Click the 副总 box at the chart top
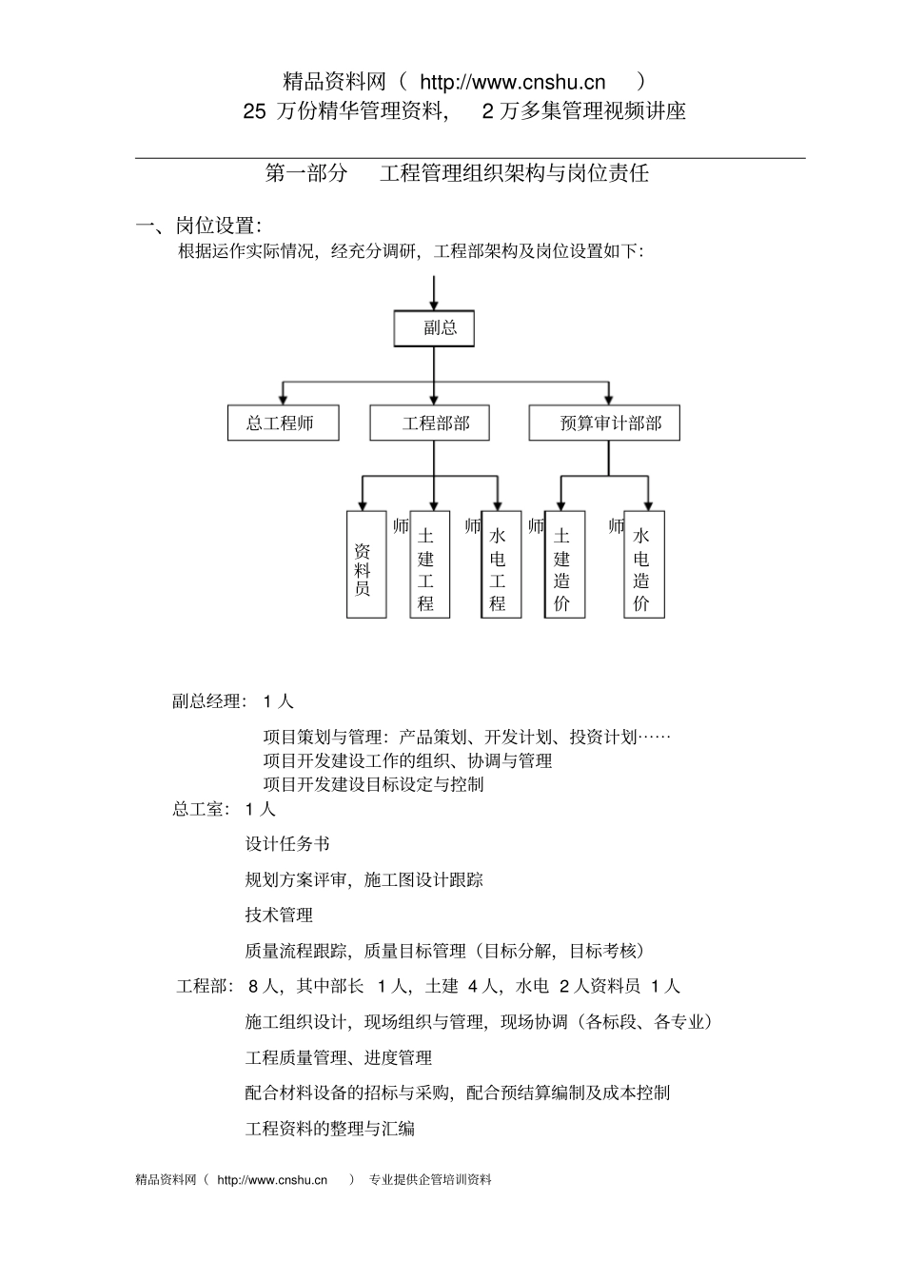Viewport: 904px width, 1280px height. click(434, 328)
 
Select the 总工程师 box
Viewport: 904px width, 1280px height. click(284, 423)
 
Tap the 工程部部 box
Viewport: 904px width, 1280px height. click(429, 423)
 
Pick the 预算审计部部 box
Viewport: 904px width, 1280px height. click(604, 423)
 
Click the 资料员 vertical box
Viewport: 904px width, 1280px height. click(365, 564)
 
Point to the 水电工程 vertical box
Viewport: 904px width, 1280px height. click(501, 564)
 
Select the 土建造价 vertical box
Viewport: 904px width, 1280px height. click(564, 564)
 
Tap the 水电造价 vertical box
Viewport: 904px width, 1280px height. click(644, 564)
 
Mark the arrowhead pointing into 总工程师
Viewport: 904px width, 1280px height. click(284, 399)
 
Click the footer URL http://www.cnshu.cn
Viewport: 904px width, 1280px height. click(272, 1180)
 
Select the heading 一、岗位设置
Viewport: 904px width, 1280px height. click(199, 226)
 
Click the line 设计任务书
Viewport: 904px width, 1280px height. click(287, 844)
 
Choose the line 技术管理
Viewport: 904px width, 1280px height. click(279, 916)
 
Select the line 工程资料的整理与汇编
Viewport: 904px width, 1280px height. click(330, 1129)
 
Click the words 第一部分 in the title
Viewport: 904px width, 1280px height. click(305, 173)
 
